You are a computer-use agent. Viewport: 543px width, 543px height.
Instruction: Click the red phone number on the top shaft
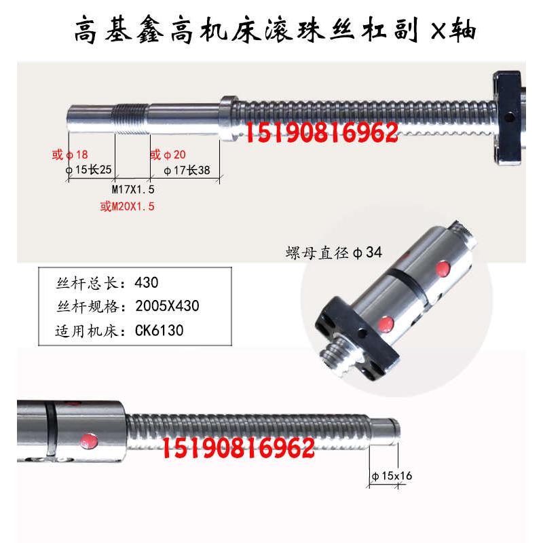[321, 133]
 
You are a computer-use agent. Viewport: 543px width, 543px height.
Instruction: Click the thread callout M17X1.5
[133, 189]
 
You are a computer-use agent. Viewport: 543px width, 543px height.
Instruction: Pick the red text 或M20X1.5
[128, 206]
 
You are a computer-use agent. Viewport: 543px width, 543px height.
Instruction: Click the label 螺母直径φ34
[333, 253]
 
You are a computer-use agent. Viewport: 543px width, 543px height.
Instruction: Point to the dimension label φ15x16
[392, 476]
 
